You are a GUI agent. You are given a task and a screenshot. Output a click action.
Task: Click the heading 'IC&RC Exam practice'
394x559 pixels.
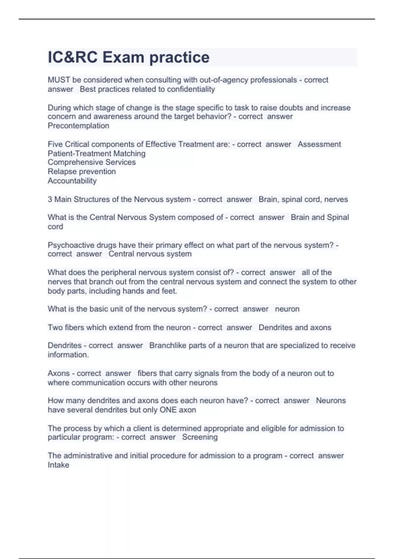tap(128, 57)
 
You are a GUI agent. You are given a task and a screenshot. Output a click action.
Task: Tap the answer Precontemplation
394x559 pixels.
tap(78, 126)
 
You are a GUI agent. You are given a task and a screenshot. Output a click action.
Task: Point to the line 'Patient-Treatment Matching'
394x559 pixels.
tap(97, 153)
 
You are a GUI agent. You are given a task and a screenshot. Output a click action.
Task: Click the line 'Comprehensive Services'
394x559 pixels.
tap(92, 162)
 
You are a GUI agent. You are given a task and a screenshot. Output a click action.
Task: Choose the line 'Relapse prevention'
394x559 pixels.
tap(82, 171)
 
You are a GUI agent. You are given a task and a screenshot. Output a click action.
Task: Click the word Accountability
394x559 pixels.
tap(72, 181)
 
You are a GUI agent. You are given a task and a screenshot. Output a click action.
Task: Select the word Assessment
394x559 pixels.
tap(319, 144)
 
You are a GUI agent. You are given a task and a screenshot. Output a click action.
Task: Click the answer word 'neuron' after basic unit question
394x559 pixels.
tap(287, 309)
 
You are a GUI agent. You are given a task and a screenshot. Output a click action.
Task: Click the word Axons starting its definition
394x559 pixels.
tap(58, 373)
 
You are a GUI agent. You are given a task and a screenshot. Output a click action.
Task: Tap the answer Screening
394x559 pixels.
tap(200, 437)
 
